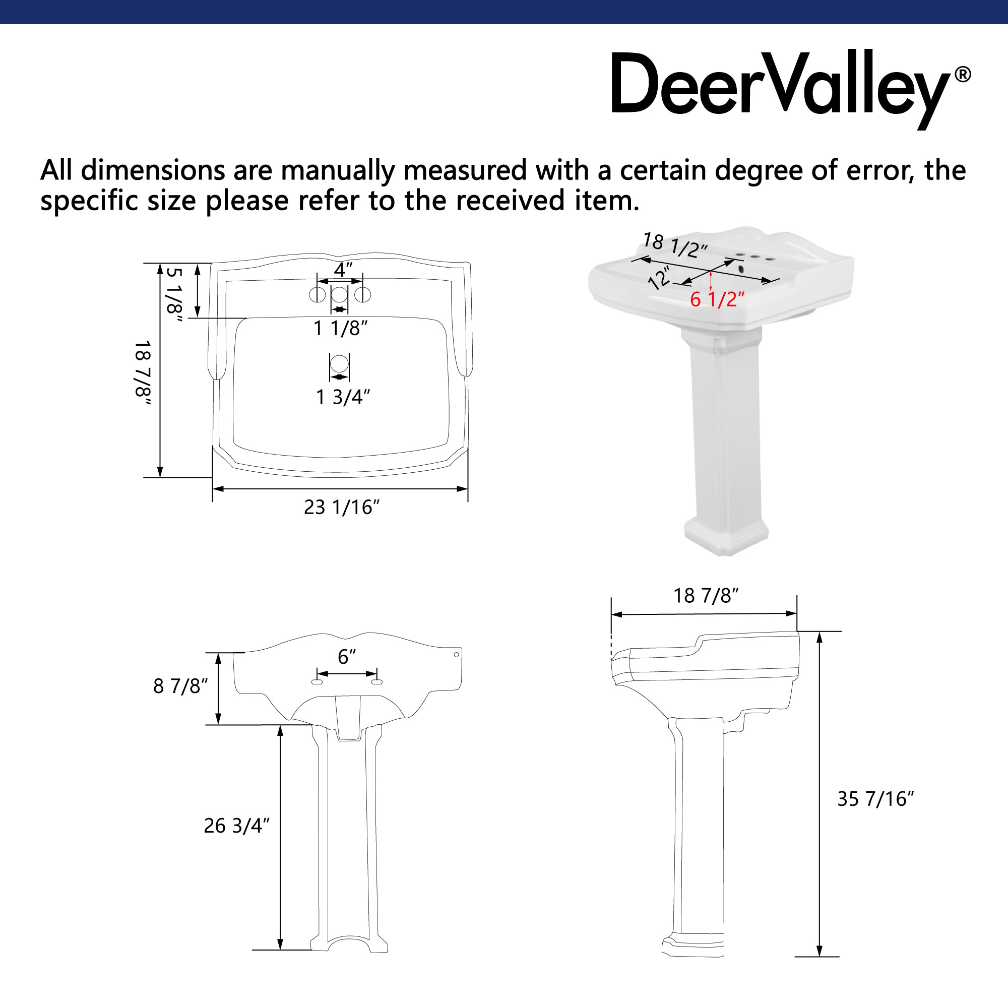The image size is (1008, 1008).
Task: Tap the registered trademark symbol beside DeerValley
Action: click(x=963, y=75)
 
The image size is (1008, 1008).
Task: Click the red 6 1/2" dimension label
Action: click(x=717, y=299)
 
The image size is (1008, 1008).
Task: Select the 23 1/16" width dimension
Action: click(x=342, y=507)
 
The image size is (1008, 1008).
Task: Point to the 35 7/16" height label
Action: click(x=876, y=799)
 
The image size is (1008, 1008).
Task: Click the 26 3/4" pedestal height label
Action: click(x=236, y=826)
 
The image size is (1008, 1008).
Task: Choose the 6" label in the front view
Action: click(x=347, y=657)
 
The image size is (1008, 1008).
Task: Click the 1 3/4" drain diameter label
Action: click(x=343, y=398)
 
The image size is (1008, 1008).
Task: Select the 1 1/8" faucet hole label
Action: click(x=340, y=329)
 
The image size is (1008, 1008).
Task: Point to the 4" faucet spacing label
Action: click(x=343, y=270)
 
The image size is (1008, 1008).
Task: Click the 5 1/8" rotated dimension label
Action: click(x=174, y=295)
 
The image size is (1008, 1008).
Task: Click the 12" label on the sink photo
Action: click(x=659, y=278)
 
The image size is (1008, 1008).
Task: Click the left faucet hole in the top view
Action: click(x=317, y=295)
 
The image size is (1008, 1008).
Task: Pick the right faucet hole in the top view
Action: click(x=362, y=295)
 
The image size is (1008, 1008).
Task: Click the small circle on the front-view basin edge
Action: click(x=456, y=655)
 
